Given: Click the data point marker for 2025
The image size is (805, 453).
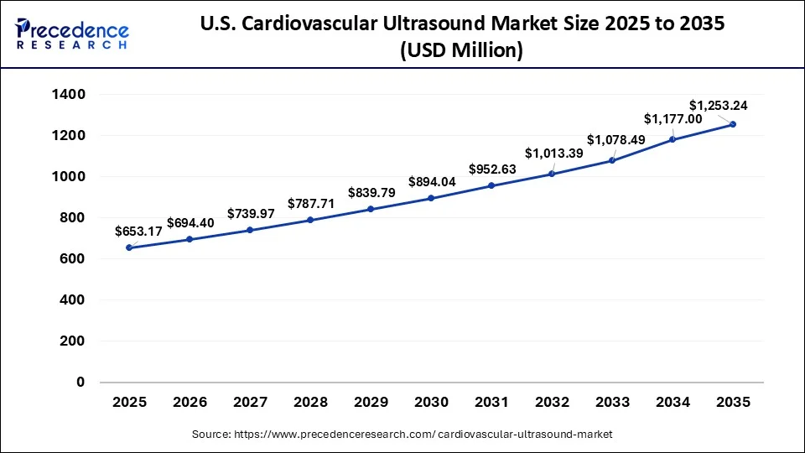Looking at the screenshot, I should [129, 247].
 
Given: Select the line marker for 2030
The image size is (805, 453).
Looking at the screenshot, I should [431, 198].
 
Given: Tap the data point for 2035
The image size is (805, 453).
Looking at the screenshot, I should [733, 124].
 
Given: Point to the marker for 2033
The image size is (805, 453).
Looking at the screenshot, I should [612, 160].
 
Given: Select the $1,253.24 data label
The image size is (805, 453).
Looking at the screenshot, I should [718, 105].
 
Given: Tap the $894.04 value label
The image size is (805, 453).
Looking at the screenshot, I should [434, 182].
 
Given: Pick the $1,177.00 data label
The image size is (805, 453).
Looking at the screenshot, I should [673, 119].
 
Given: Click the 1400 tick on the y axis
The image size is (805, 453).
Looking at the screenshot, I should [69, 95].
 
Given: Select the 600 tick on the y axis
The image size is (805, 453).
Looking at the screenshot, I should [73, 259].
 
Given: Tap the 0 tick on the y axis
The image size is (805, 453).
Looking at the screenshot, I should [80, 383].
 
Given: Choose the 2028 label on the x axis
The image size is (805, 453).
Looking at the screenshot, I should [310, 403].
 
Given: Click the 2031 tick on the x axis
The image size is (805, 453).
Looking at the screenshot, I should [491, 403].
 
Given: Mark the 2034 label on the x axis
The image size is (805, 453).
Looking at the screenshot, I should [673, 403].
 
